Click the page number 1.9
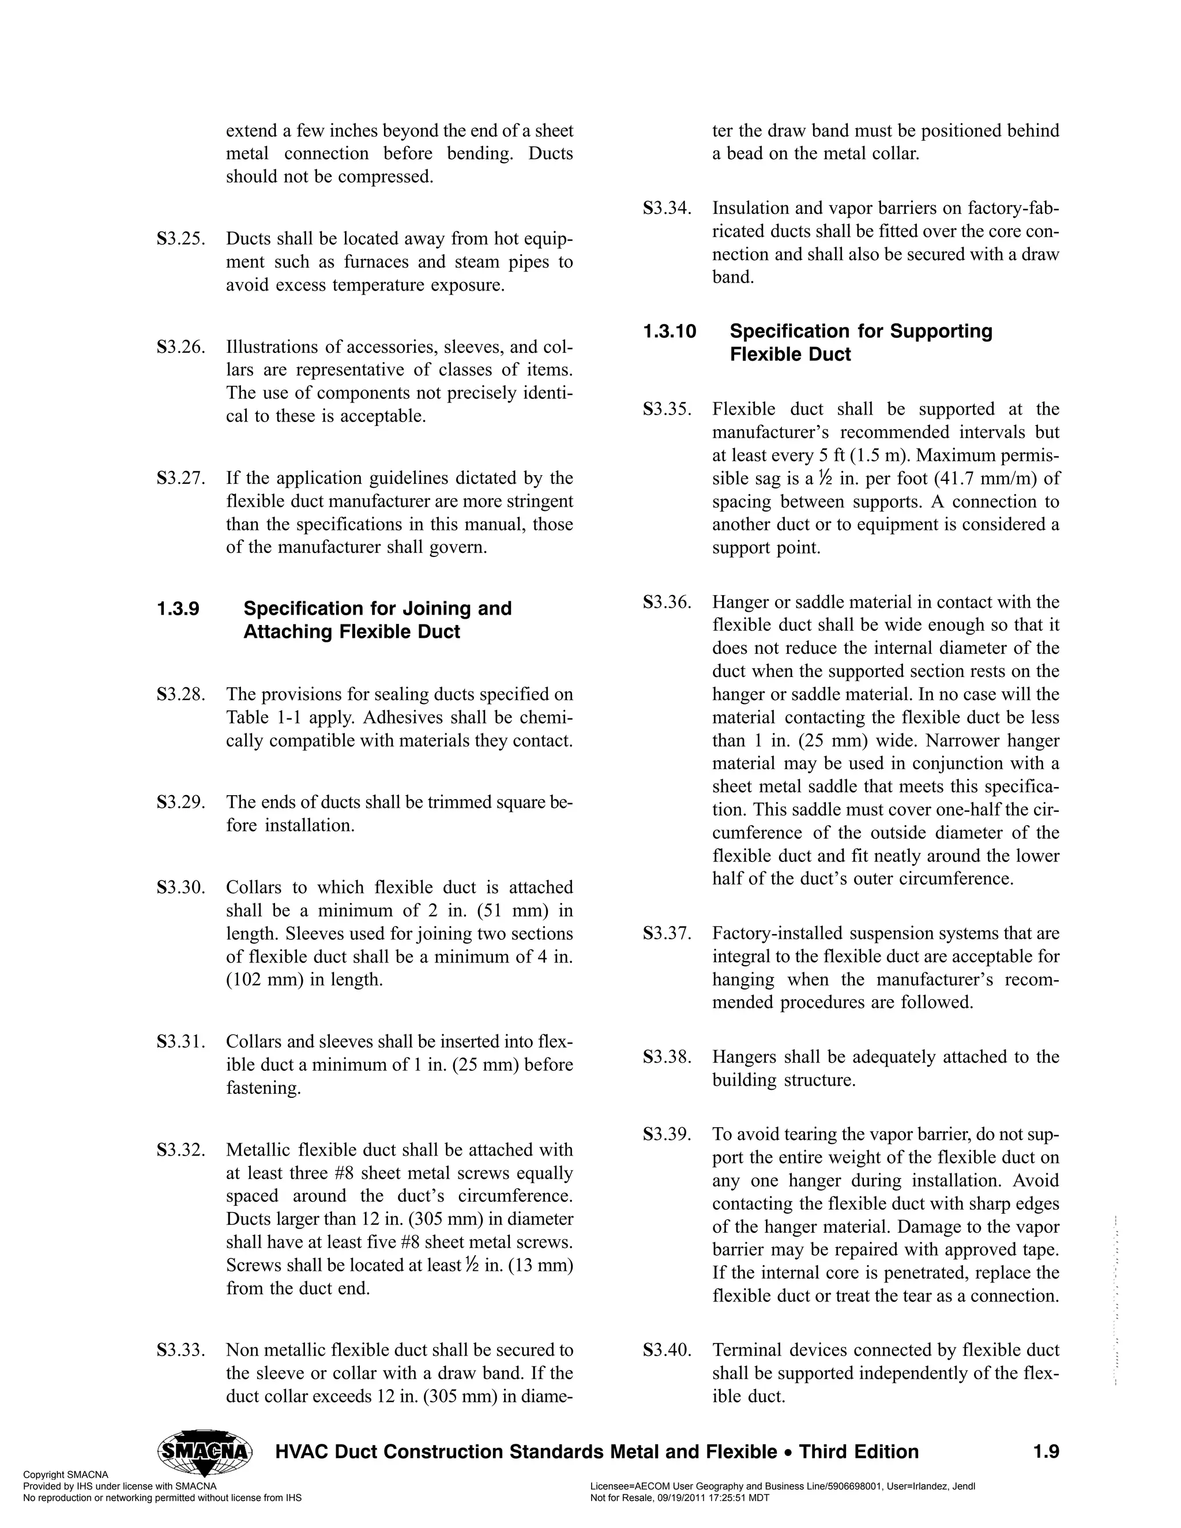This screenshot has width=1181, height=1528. pos(1045,1452)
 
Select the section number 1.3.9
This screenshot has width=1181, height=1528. pos(178,609)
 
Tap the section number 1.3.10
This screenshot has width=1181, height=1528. pos(670,331)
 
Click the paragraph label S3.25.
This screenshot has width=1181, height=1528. pos(180,239)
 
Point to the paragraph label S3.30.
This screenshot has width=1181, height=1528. pos(180,888)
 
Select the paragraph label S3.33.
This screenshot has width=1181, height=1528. pos(180,1350)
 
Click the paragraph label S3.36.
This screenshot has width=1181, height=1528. pos(667,603)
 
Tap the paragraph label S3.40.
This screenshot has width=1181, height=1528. pos(667,1350)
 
